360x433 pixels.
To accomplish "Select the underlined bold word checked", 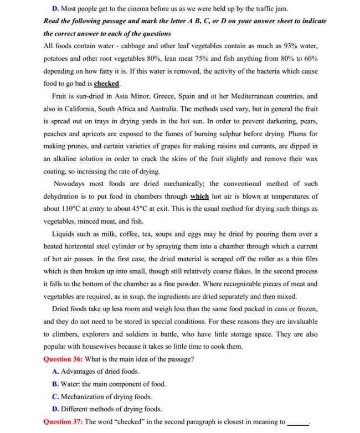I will (107, 84).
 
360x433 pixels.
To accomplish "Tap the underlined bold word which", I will (199, 196).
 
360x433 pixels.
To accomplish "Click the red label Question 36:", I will (63, 359).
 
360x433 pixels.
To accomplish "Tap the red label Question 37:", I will (63, 421).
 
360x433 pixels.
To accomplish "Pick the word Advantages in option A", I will (79, 371).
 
